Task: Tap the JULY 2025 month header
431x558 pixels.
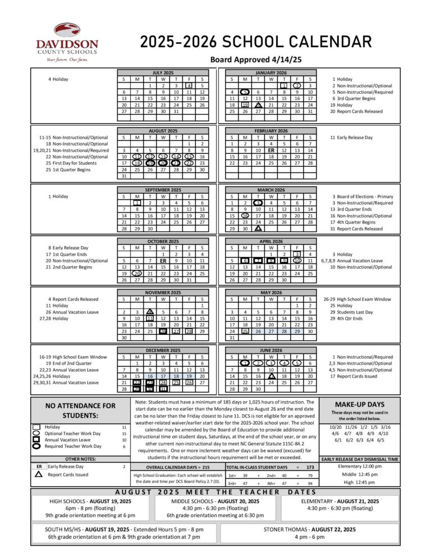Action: tap(163, 72)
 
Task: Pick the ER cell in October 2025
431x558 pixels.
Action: tap(163, 261)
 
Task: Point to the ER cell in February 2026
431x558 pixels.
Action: tap(271, 150)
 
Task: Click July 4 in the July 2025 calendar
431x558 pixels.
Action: tap(190, 86)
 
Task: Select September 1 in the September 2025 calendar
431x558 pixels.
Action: tap(136, 202)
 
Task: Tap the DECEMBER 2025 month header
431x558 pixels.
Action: tap(163, 350)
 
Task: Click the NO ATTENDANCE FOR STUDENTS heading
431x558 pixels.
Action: tap(80, 410)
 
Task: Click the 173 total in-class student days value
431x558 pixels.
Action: tap(310, 467)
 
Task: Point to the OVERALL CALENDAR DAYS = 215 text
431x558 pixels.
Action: tap(177, 467)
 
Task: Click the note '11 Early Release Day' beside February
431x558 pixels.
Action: tap(351, 137)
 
